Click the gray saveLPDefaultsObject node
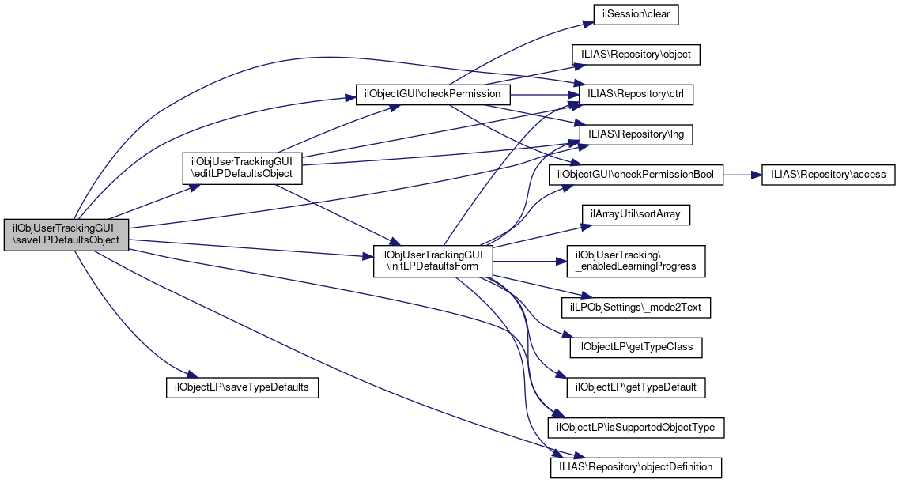pos(66,235)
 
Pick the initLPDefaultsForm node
pos(433,261)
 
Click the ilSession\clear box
pos(636,14)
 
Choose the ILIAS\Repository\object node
pos(636,55)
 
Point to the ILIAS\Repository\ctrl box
pos(636,94)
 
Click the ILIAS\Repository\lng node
pos(636,135)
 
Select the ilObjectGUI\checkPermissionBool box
pos(636,175)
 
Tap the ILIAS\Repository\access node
pos(827,175)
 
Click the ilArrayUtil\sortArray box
pos(636,214)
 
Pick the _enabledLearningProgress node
pos(636,261)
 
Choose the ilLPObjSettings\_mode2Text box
pos(636,307)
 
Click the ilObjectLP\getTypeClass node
pos(636,347)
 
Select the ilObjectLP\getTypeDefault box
pos(636,387)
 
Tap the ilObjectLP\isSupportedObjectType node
pos(636,428)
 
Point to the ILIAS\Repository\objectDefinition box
pos(636,467)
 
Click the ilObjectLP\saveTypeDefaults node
pos(242,387)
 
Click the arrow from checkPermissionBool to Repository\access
pos(742,175)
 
